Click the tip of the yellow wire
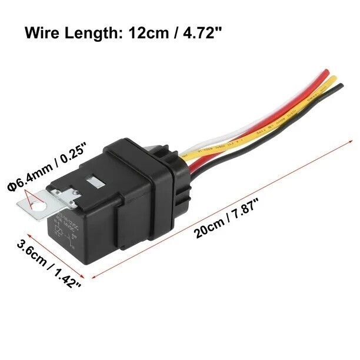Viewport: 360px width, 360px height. tap(333, 79)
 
